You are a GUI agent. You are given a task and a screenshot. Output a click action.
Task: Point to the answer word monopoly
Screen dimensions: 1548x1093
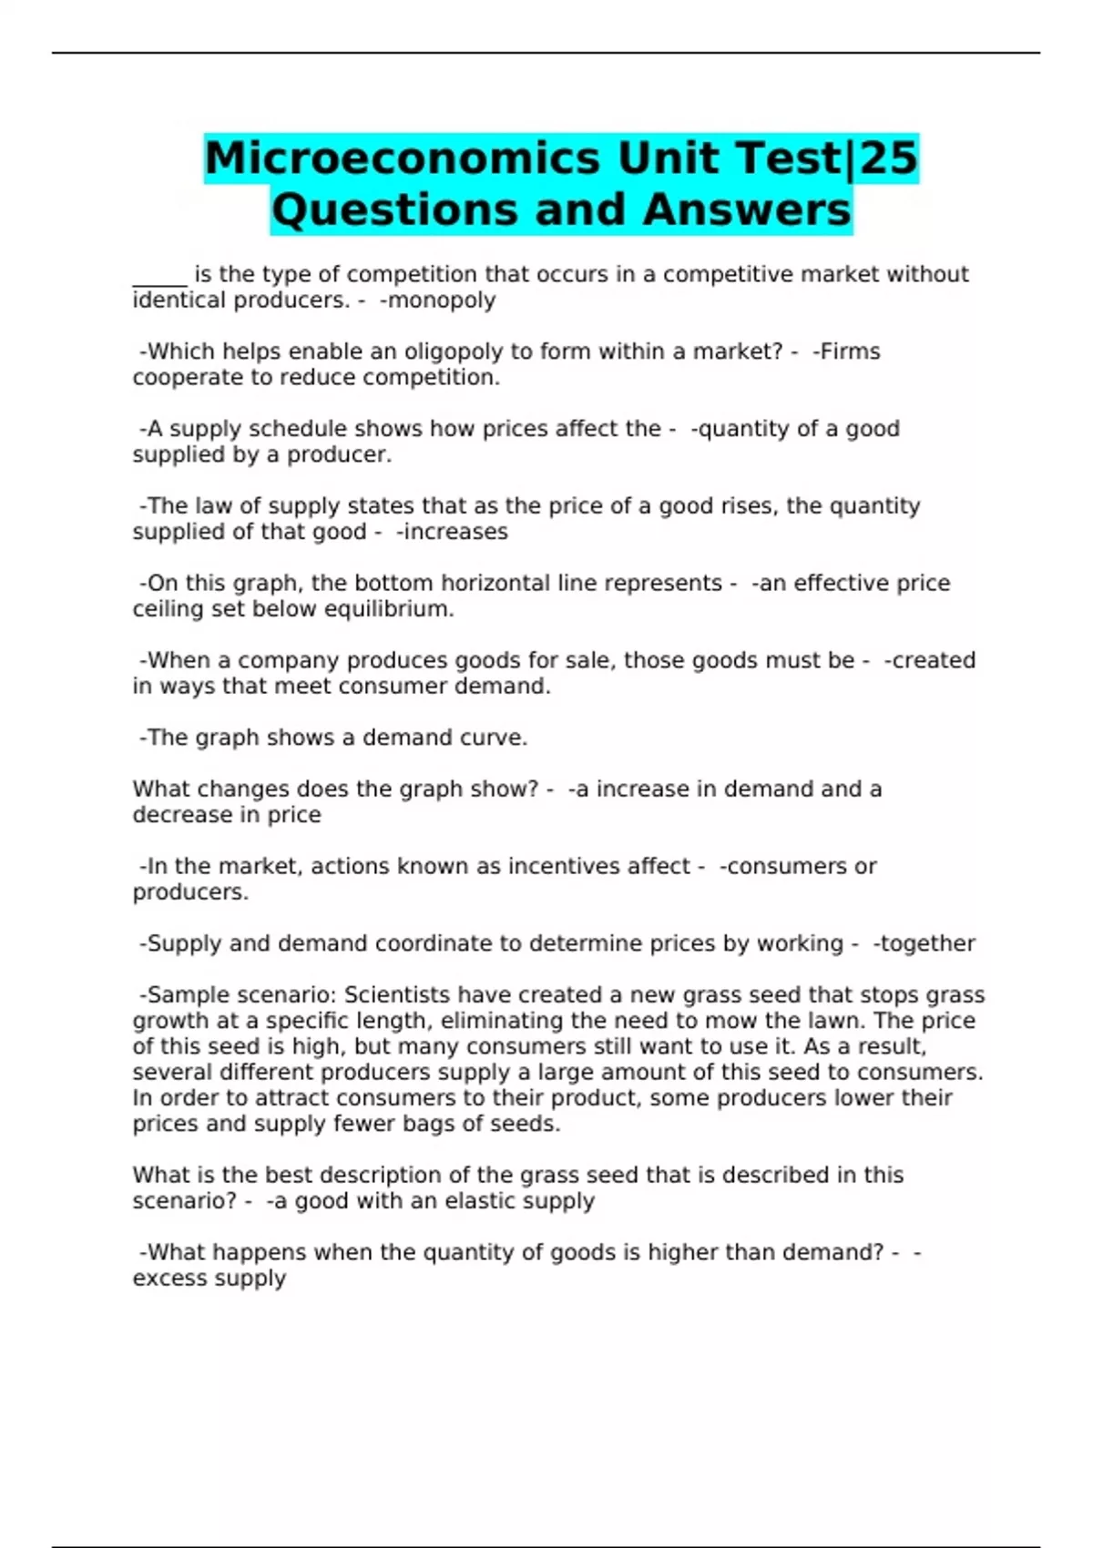[x=442, y=300]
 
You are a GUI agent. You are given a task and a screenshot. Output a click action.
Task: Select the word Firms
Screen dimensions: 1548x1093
[x=850, y=351]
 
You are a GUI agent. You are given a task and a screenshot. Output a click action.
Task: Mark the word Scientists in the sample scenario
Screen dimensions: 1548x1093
[x=397, y=995]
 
